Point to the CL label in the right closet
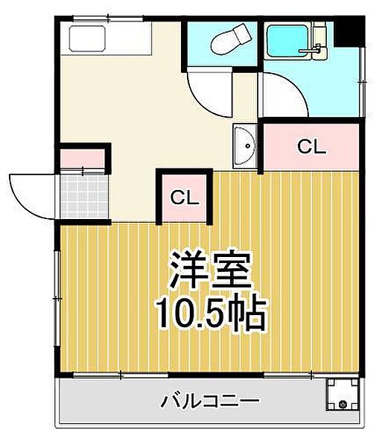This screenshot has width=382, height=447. (x=312, y=147)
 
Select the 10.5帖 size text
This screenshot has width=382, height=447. (x=210, y=315)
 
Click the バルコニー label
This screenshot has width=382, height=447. (x=211, y=402)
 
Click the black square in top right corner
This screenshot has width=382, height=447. (x=350, y=31)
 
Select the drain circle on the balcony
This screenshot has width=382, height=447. (x=343, y=405)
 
